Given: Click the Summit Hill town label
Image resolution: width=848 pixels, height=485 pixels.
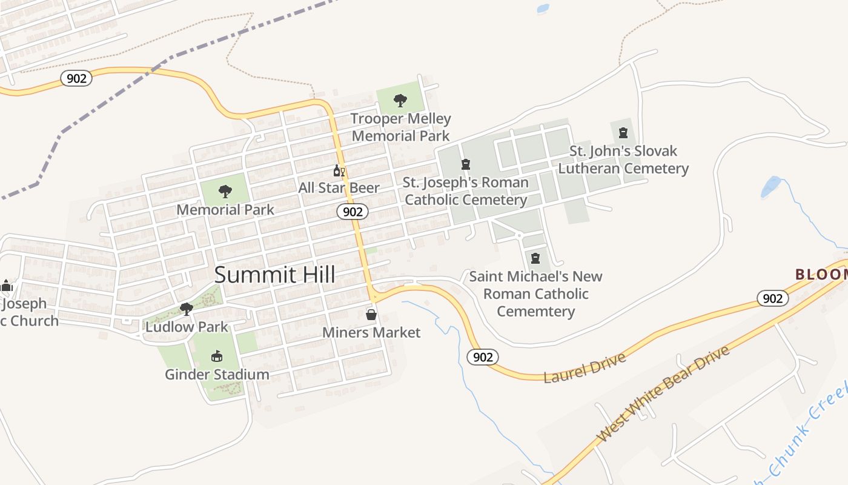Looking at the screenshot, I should click(x=275, y=275).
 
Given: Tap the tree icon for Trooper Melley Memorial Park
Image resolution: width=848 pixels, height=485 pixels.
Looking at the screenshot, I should click(x=400, y=100).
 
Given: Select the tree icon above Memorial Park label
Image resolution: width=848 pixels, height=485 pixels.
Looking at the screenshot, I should click(x=225, y=192).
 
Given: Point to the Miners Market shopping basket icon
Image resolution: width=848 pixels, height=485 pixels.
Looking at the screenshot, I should click(x=371, y=315).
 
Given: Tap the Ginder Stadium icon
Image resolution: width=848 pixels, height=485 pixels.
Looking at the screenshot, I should click(x=216, y=356).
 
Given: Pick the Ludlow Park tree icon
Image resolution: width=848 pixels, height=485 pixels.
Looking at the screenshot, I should click(x=187, y=309).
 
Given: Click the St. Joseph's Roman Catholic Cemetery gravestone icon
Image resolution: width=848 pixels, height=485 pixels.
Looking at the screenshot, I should click(x=466, y=164).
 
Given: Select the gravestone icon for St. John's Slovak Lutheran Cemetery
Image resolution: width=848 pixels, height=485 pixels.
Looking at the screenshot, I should click(x=623, y=133).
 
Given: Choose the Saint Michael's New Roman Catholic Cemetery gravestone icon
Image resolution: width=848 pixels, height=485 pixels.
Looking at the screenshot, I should click(x=535, y=258).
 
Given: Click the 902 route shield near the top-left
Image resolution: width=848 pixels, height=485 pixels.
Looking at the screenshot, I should click(x=76, y=78).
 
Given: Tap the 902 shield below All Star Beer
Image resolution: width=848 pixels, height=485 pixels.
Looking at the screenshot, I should click(x=353, y=211).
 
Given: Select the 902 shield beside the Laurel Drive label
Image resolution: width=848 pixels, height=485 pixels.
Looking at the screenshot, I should click(x=483, y=357).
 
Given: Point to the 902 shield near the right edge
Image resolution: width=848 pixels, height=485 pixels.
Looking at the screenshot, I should click(x=772, y=298).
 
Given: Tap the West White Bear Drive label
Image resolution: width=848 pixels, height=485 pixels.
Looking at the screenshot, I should click(x=663, y=394).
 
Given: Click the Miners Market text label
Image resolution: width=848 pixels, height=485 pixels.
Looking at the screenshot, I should click(x=371, y=332).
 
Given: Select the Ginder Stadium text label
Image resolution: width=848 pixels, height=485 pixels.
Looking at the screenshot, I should click(x=217, y=374).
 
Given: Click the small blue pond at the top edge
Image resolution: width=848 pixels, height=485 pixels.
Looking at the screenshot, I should click(x=542, y=8).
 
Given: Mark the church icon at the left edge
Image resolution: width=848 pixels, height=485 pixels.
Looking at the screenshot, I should click(x=6, y=286).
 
